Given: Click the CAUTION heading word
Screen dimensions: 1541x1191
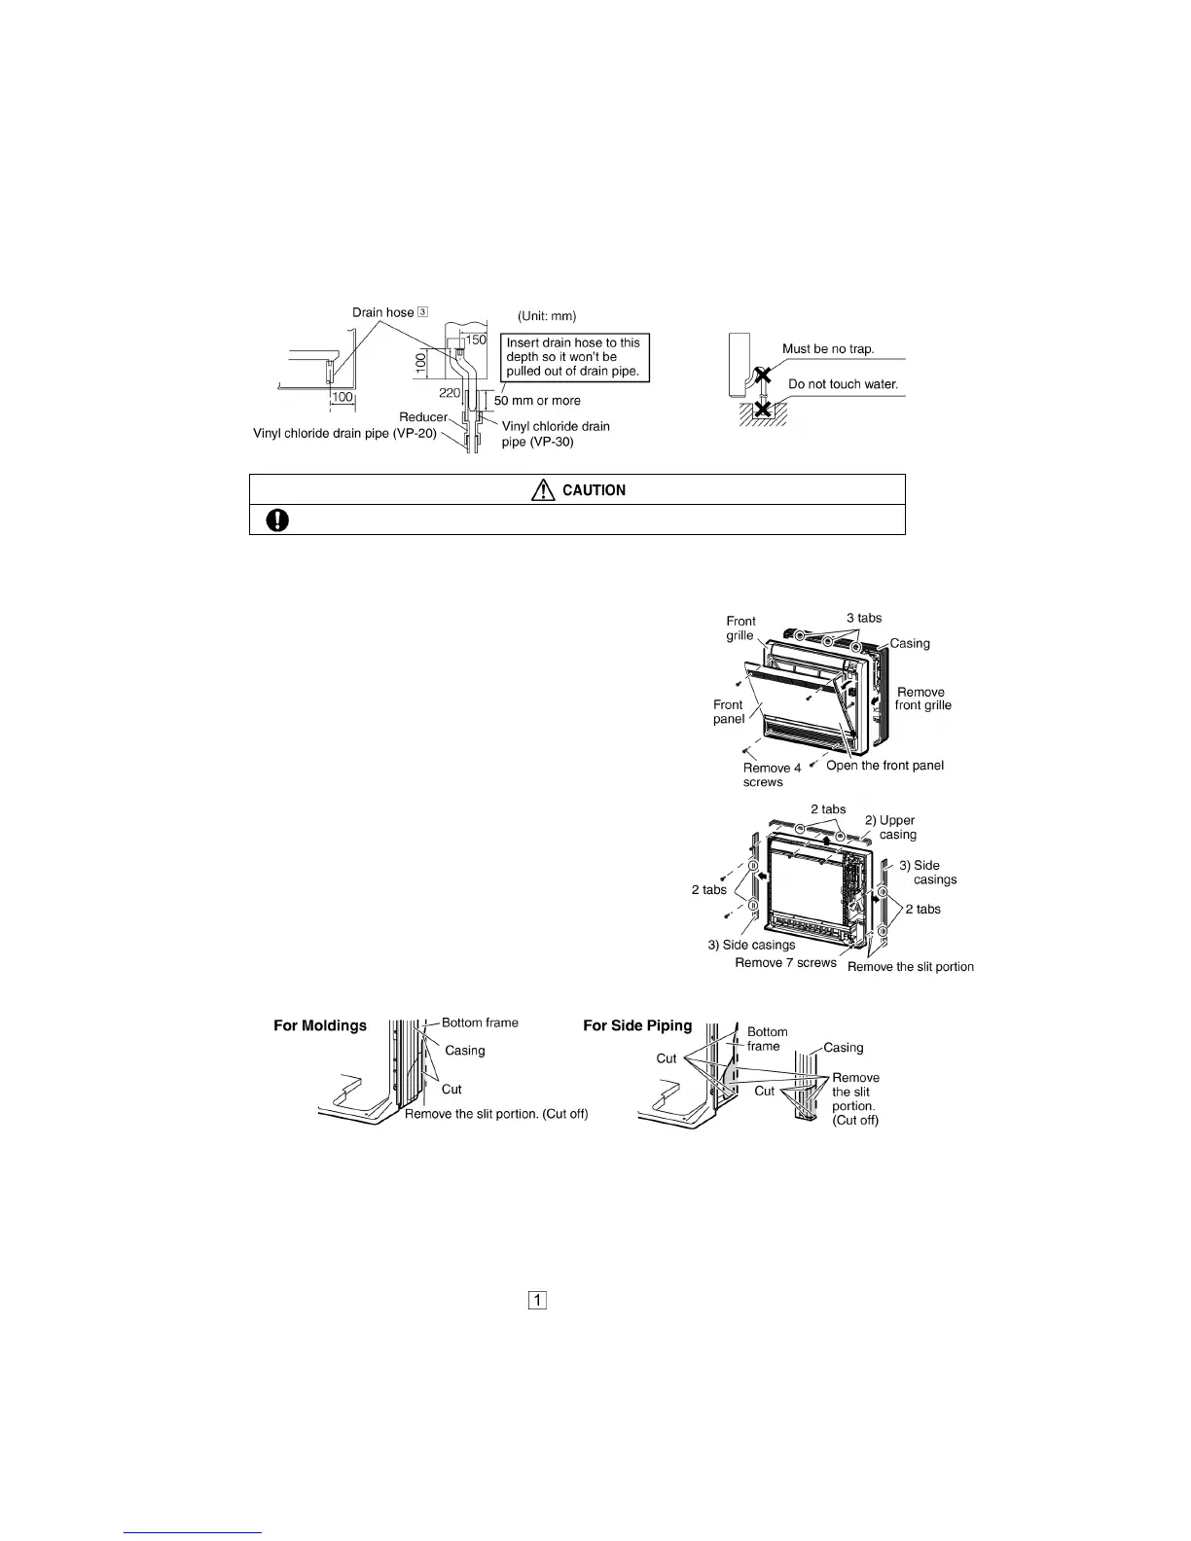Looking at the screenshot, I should point(594,490).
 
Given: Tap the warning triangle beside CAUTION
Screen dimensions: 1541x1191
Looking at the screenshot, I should point(542,490).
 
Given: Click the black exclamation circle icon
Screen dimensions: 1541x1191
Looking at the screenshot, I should point(277,520).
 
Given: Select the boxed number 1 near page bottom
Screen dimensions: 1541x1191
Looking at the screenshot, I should point(537,1300).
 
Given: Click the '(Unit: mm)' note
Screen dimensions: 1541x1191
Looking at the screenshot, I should point(547,316).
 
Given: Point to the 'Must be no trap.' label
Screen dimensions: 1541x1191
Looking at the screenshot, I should point(828,349).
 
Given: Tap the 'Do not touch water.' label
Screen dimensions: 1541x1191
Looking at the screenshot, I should point(843,384).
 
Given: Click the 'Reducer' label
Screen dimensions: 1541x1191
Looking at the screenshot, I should point(422,417).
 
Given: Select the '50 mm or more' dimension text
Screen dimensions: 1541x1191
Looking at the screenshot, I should point(537,401).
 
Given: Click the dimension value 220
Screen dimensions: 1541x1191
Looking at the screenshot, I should point(449,393).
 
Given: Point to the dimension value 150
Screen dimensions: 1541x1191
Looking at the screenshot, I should point(475,340).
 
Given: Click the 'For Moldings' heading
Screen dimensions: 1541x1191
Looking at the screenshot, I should point(320,1025).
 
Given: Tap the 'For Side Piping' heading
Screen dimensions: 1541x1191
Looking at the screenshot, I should point(637,1025).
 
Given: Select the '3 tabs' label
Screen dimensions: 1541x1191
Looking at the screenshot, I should point(864,618).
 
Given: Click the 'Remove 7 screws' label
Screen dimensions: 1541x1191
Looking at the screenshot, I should point(785,963).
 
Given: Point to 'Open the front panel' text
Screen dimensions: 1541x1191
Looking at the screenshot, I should point(884,766).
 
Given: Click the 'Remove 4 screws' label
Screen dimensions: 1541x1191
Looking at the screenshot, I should point(772,775).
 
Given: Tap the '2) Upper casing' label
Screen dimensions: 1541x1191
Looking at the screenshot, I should point(893,827).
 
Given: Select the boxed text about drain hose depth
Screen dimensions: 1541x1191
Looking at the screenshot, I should point(573,357).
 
